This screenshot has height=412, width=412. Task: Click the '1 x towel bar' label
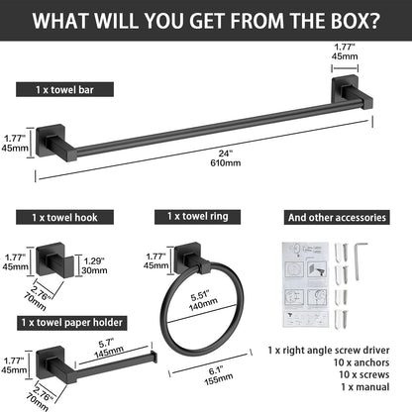(x=64, y=89)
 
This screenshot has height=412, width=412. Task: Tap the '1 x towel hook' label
(x=64, y=217)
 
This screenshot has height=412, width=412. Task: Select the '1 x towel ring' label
(x=197, y=217)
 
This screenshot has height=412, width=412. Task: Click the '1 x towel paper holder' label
(x=72, y=323)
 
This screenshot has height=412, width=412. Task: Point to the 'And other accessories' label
(x=337, y=218)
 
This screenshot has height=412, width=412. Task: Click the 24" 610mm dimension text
(x=226, y=158)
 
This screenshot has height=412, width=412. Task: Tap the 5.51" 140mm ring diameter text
(x=202, y=300)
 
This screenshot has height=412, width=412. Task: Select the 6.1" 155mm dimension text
(x=218, y=375)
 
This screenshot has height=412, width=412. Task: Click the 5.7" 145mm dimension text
(x=109, y=348)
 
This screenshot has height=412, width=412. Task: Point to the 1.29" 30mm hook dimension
(x=95, y=265)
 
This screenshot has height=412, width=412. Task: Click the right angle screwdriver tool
(x=360, y=261)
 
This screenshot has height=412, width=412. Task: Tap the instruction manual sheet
(x=306, y=284)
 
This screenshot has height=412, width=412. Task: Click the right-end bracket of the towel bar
(x=352, y=92)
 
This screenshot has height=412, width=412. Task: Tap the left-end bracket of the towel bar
(x=55, y=143)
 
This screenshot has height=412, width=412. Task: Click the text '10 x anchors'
(x=361, y=362)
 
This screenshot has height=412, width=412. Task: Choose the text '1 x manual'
(x=365, y=387)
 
